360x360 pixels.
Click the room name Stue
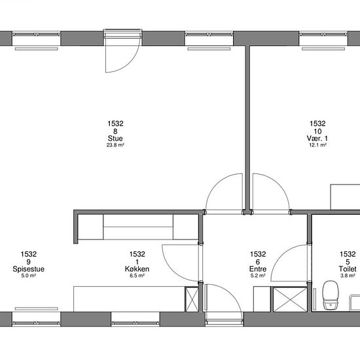tap(115, 139)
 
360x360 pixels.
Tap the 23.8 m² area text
tap(115, 145)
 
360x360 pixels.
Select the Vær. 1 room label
tap(317, 139)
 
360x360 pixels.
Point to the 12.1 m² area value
tap(317, 145)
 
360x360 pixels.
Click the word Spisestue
tap(28, 269)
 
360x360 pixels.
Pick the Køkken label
tap(137, 269)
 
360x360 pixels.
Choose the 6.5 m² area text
tap(137, 276)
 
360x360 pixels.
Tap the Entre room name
tap(258, 269)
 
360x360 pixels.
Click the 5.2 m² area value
tap(258, 276)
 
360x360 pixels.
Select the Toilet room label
tap(348, 269)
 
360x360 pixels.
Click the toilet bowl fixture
tap(331, 296)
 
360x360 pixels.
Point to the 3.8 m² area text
tap(348, 276)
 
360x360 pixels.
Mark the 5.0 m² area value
tap(28, 276)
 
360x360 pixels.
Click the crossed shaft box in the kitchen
tap(192, 299)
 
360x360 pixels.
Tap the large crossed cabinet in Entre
tap(290, 299)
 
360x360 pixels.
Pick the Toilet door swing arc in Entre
tap(281, 256)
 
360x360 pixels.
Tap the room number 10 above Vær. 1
tap(317, 132)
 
